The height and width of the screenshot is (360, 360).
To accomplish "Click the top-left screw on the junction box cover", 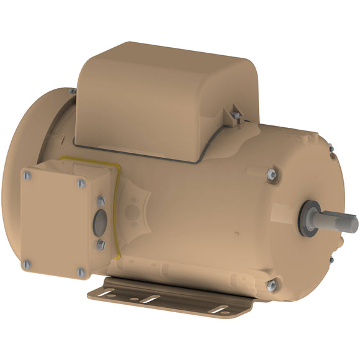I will pos(29,176).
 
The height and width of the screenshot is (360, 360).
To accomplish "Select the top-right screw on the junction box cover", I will pos(81,183).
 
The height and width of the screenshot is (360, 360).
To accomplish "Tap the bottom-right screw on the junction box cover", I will pos(80,272).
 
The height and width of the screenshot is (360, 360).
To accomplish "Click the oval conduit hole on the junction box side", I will pos(100,224).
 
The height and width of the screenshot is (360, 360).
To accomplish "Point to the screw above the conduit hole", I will pos(101,200).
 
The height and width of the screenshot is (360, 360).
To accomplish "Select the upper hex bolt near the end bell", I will pos(271,175).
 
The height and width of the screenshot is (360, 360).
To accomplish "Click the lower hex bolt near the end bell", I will pos(271,286).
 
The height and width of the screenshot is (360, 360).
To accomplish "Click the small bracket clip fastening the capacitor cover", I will pos(236,114).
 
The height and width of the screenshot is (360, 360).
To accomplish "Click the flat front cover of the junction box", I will pos(53,223).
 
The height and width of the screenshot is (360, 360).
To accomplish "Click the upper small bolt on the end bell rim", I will pos(331,148).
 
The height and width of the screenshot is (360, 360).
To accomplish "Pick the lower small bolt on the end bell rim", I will pos(331,259).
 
